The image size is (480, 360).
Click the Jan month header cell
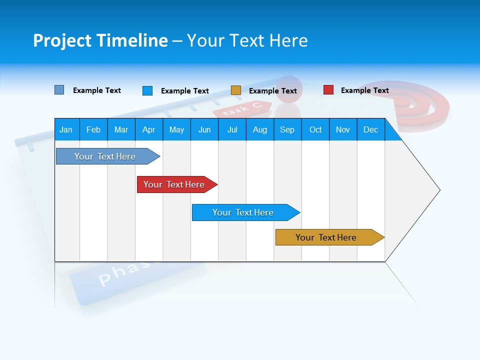tap(66, 129)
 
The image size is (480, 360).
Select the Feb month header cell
tap(93, 129)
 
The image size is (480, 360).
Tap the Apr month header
tap(149, 129)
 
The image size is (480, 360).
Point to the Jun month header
tap(204, 129)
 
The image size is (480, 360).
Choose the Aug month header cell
tap(260, 129)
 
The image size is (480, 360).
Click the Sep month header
tap(287, 129)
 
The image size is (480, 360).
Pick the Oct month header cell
tap(315, 129)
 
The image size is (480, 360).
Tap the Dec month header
tap(371, 129)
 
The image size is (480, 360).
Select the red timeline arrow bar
tap(175, 184)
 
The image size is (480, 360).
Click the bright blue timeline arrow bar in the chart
tap(243, 212)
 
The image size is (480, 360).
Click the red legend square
tap(328, 90)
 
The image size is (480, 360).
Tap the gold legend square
tap(236, 90)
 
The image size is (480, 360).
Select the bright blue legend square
tap(147, 90)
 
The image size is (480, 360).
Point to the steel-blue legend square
tap(59, 90)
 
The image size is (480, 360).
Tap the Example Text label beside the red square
tap(364, 90)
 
